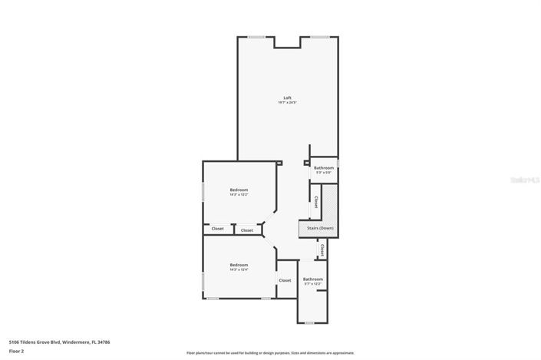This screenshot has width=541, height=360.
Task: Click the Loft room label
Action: click(x=287, y=97)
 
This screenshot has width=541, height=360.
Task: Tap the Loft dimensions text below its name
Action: click(x=287, y=103)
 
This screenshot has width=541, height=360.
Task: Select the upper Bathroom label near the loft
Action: click(x=324, y=167)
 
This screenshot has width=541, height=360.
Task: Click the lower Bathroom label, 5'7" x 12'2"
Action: click(x=312, y=279)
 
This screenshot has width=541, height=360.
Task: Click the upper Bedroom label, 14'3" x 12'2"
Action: click(x=239, y=190)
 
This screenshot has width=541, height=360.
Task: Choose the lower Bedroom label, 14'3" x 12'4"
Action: click(x=239, y=265)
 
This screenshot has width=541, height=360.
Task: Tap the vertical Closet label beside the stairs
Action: click(x=315, y=202)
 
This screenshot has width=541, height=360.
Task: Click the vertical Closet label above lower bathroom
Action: click(x=322, y=250)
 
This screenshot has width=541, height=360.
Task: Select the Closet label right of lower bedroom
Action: click(x=285, y=280)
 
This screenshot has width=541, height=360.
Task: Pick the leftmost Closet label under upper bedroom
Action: click(x=218, y=229)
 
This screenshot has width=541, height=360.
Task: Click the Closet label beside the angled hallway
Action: click(x=246, y=230)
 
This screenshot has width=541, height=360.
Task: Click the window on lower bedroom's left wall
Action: click(x=203, y=282)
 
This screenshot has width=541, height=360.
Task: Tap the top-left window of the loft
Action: click(x=256, y=37)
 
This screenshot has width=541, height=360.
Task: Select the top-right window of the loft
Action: click(x=320, y=37)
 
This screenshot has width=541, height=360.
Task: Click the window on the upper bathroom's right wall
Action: click(x=338, y=163)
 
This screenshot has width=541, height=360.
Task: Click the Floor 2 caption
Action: click(x=17, y=351)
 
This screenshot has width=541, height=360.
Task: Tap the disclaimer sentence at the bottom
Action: click(x=270, y=353)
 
